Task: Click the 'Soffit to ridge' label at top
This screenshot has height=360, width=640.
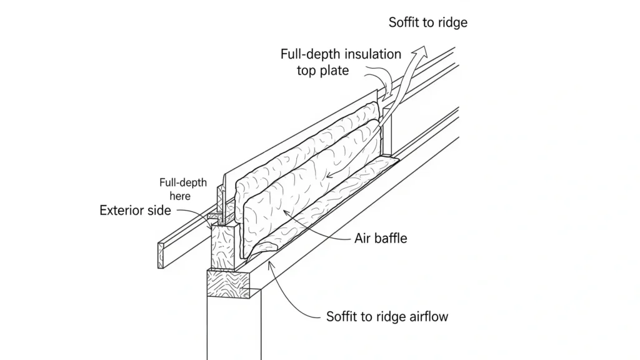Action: [427, 23]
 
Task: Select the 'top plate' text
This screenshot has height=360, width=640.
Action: [322, 70]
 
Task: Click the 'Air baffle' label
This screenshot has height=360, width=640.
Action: [380, 238]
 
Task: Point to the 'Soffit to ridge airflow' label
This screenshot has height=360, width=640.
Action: [387, 316]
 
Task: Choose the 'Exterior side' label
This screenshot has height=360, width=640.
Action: [135, 211]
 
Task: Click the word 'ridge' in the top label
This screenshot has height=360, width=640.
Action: [451, 23]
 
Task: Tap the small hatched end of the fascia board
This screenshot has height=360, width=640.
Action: [161, 256]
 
